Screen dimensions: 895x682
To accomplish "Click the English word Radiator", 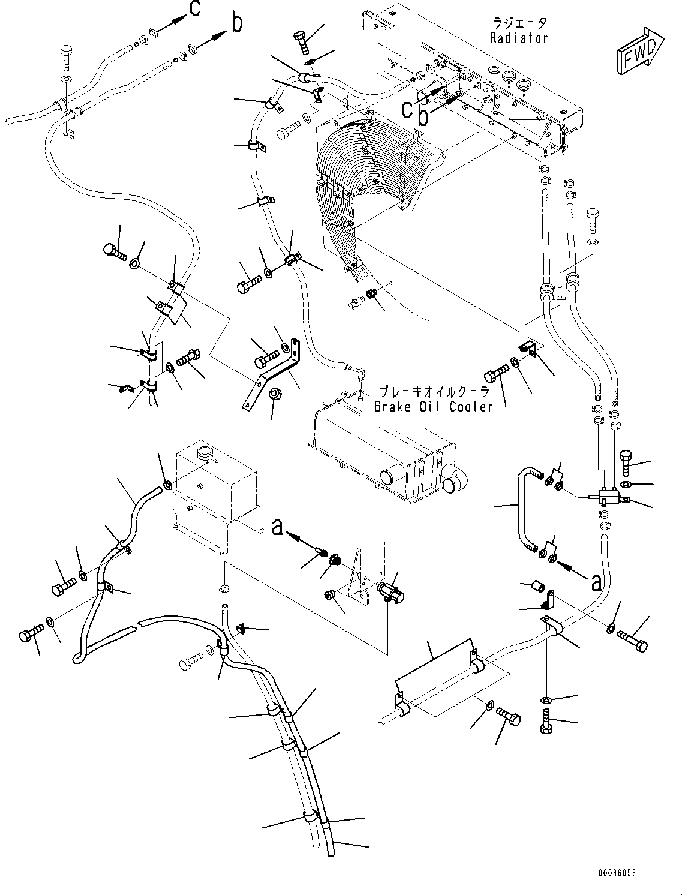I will click(519, 38).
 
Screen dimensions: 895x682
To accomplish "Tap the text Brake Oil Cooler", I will click(433, 406).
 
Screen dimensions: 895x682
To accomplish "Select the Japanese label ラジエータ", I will click(519, 23).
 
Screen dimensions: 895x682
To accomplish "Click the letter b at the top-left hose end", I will click(237, 23).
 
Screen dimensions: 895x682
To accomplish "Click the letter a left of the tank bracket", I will click(277, 527).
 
